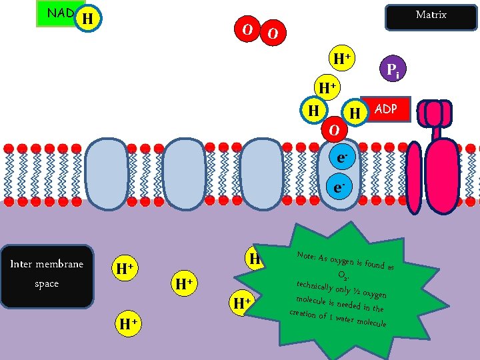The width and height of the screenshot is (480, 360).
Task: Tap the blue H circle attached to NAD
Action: pyautogui.click(x=87, y=19)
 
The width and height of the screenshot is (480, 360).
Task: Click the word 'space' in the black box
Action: pyautogui.click(x=47, y=283)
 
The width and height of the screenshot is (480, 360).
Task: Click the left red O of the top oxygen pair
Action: pyautogui.click(x=247, y=30)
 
